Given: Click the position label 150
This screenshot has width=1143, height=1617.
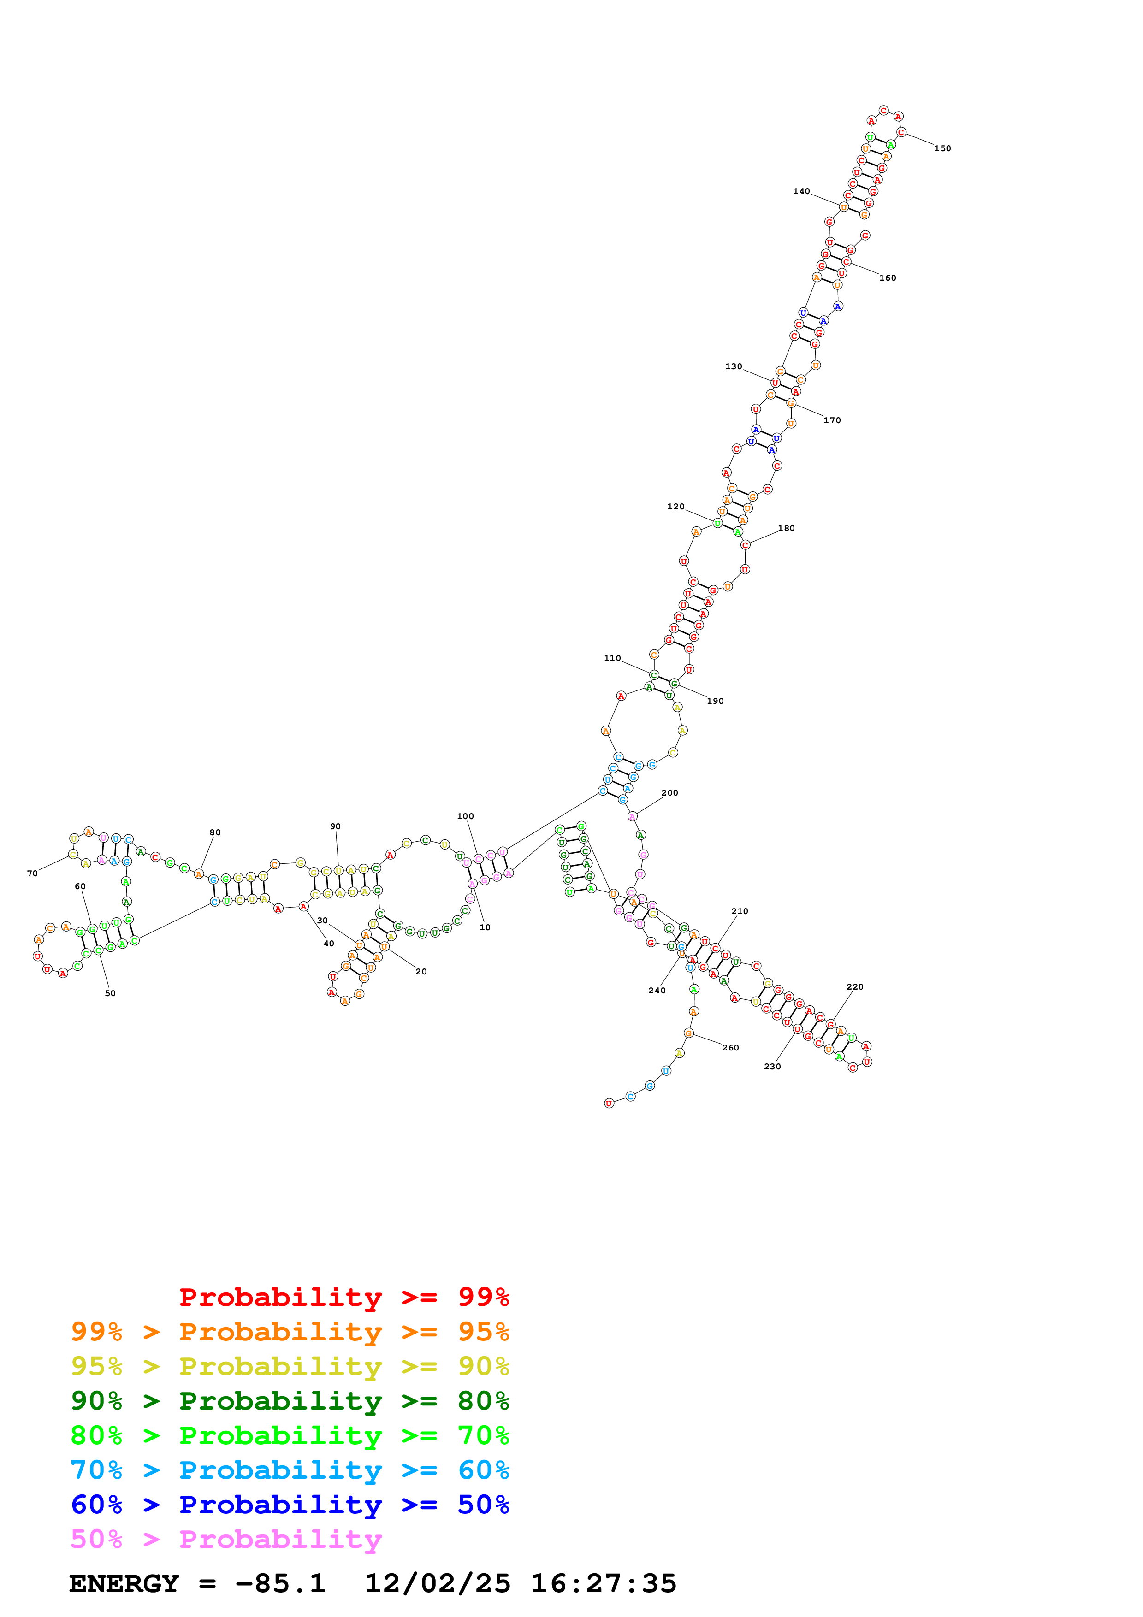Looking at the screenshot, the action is [x=942, y=148].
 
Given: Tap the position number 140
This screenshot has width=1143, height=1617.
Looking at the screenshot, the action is [x=801, y=192].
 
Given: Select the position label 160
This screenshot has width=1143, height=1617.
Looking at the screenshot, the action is [x=888, y=278].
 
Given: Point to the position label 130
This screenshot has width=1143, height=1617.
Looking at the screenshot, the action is [x=734, y=367].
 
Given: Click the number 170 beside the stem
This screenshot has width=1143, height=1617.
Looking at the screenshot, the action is [x=832, y=420].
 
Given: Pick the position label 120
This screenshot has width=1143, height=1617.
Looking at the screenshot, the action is [x=675, y=507].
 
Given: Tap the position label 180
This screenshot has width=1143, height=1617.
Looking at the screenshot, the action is [x=786, y=528].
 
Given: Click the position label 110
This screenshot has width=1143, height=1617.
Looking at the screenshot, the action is [x=613, y=659].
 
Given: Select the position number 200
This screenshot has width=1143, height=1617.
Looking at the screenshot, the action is [x=670, y=793].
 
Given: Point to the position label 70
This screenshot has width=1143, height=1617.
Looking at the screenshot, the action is [x=32, y=874].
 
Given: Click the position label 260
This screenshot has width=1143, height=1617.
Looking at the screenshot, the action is [x=730, y=1048].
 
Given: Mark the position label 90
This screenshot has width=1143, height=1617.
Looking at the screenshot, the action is [x=335, y=827].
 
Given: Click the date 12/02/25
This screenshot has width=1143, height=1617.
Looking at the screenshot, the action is [x=438, y=1584].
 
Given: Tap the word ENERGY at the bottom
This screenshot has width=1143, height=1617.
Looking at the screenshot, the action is [x=124, y=1584].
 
